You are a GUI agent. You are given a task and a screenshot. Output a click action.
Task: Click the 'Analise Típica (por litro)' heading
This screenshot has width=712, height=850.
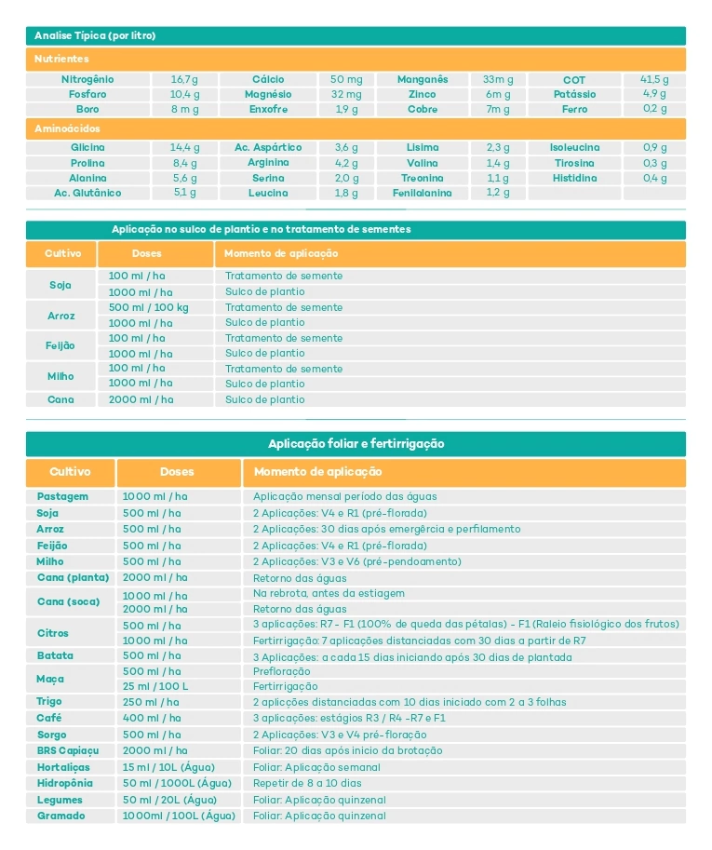[95, 36]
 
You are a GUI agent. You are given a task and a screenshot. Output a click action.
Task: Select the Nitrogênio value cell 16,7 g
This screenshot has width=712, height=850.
[184, 80]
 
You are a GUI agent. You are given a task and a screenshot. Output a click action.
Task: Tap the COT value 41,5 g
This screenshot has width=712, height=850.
[654, 80]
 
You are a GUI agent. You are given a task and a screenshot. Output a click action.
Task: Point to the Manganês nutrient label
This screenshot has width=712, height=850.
[423, 80]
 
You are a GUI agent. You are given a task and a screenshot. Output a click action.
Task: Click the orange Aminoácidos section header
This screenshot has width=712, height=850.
[67, 128]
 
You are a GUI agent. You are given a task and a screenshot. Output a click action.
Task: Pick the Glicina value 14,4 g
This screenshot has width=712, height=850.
[184, 148]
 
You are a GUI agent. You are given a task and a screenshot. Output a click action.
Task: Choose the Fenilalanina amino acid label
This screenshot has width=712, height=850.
[422, 194]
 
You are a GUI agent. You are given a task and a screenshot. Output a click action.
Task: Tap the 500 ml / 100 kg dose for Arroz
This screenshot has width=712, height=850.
[148, 307]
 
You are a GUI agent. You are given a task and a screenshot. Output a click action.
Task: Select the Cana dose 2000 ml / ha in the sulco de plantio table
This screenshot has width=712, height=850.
[141, 399]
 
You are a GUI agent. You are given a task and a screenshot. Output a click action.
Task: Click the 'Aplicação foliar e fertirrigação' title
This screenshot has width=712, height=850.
[356, 444]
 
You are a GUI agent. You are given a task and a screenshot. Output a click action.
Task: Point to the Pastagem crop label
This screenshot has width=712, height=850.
[62, 497]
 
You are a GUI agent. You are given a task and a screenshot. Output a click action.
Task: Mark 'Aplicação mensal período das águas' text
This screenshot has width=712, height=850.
[344, 497]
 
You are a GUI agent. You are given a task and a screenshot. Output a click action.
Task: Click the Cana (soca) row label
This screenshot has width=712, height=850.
[68, 601]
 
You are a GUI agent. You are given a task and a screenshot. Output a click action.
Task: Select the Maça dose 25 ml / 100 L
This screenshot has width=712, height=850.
[154, 686]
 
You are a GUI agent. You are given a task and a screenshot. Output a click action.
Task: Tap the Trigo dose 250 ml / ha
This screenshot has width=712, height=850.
[151, 702]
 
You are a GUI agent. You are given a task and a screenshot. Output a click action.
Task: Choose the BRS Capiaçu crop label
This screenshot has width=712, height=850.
[68, 750]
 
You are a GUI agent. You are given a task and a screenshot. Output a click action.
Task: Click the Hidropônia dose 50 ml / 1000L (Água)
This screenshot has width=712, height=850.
[177, 784]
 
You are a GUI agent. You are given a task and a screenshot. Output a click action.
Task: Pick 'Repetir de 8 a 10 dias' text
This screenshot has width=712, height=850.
[307, 784]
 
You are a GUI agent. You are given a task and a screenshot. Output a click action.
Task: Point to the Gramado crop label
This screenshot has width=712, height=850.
[60, 816]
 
